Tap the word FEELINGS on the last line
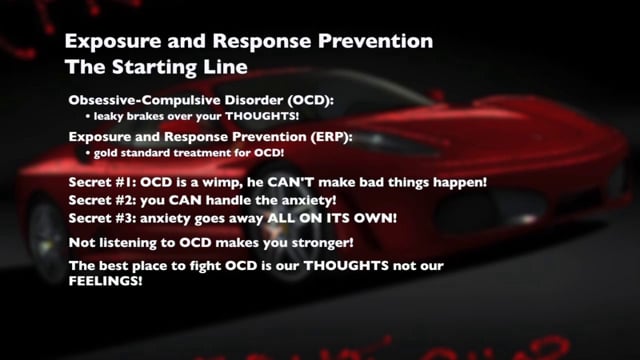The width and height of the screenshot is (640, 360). point(104,282)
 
